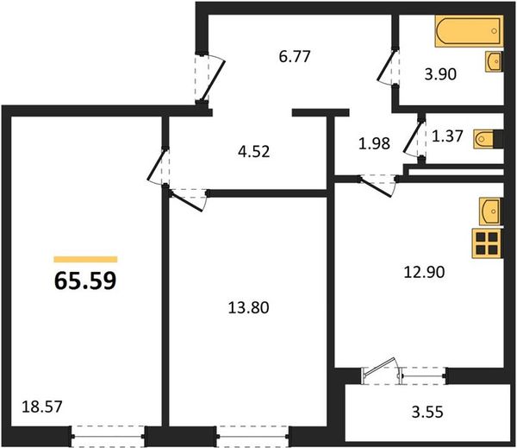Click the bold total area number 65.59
(85, 281)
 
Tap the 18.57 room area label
(42, 407)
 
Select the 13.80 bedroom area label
(249, 307)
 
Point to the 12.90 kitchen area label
(424, 272)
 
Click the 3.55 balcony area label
(427, 413)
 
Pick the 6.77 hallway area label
(295, 56)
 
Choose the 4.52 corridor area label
(254, 152)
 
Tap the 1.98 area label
(374, 143)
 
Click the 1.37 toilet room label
(447, 136)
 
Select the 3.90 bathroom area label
(440, 74)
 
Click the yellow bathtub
(469, 31)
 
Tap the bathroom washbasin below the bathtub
(494, 61)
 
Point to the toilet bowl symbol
(484, 139)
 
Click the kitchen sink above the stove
(491, 211)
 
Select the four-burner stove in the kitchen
(487, 243)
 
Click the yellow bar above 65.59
(85, 259)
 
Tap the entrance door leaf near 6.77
(213, 81)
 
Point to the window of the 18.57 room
(108, 437)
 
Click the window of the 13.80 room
(252, 437)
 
